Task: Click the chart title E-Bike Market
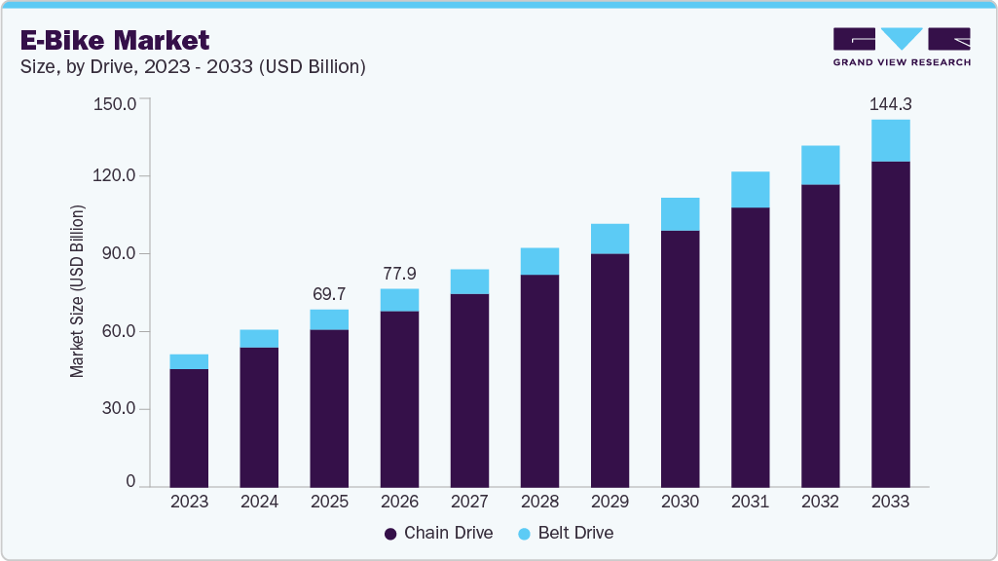pyautogui.click(x=114, y=40)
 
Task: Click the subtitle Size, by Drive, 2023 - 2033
pyautogui.click(x=192, y=67)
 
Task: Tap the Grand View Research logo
pyautogui.click(x=902, y=46)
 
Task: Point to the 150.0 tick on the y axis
pyautogui.click(x=117, y=100)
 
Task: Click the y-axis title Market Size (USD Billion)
pyautogui.click(x=77, y=292)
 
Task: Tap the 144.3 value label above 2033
pyautogui.click(x=890, y=103)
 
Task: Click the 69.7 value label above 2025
pyautogui.click(x=329, y=293)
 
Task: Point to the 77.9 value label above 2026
pyautogui.click(x=399, y=273)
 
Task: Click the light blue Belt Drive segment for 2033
pyautogui.click(x=890, y=140)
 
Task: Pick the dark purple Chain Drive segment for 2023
pyautogui.click(x=189, y=428)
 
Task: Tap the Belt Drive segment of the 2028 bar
pyautogui.click(x=539, y=261)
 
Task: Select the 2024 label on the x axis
pyautogui.click(x=259, y=502)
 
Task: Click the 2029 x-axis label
pyautogui.click(x=610, y=502)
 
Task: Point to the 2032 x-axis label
pyautogui.click(x=820, y=502)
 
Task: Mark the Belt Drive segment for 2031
pyautogui.click(x=750, y=189)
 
